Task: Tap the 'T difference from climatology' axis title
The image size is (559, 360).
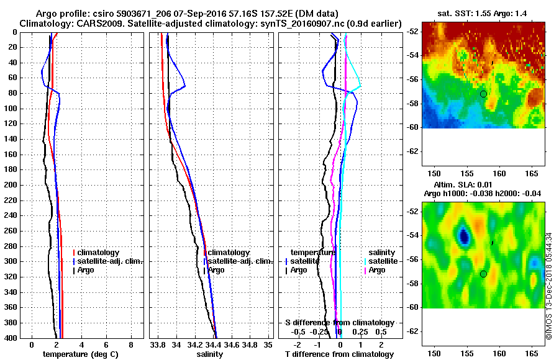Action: (339, 354)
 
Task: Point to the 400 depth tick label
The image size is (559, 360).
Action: (11, 337)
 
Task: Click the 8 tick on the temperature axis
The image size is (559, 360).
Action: (130, 344)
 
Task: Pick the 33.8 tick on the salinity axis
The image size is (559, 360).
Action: (158, 344)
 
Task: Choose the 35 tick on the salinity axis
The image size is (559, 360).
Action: (268, 344)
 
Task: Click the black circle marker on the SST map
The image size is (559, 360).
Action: (483, 94)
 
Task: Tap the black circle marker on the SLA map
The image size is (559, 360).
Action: (483, 274)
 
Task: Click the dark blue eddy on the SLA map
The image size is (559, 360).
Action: (464, 235)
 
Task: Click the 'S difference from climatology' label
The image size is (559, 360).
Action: (339, 323)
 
